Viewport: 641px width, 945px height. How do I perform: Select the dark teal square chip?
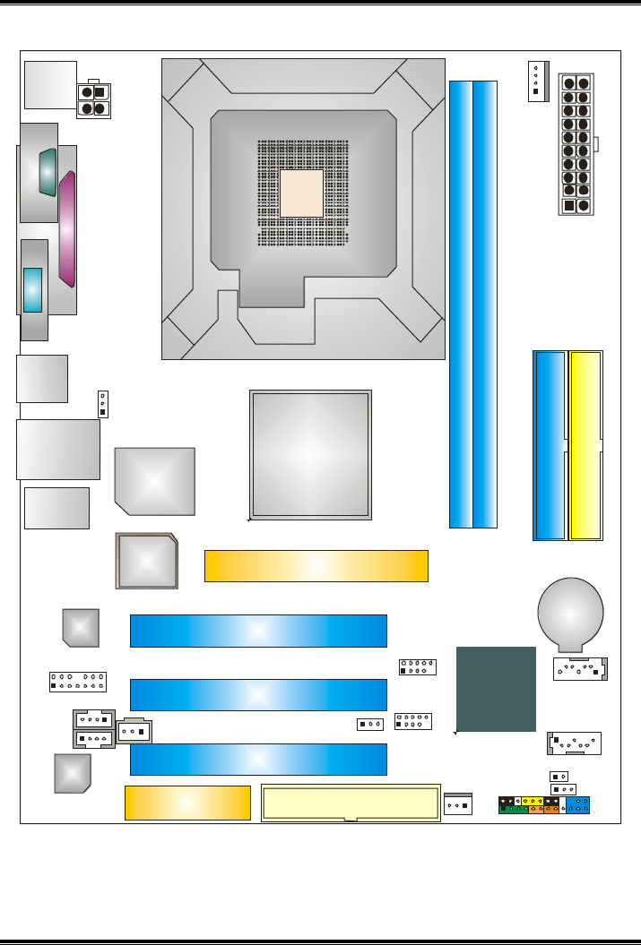(x=496, y=688)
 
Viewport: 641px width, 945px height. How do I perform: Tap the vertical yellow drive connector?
(x=586, y=445)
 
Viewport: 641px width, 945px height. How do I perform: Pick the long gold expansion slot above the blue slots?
(x=316, y=566)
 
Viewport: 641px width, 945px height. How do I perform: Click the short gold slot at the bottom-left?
(x=186, y=803)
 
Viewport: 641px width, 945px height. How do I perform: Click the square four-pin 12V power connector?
(x=93, y=100)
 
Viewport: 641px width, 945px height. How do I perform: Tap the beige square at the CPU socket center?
(x=300, y=193)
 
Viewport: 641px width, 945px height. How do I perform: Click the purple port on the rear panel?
(x=67, y=230)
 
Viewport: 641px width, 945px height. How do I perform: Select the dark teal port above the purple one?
(x=48, y=170)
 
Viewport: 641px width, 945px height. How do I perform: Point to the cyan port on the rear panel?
(x=33, y=289)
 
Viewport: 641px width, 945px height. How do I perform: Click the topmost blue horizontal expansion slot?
(x=258, y=631)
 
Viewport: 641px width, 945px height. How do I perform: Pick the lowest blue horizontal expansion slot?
(x=258, y=759)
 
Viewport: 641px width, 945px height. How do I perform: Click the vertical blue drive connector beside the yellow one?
(x=549, y=445)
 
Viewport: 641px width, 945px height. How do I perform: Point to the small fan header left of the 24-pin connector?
(x=536, y=82)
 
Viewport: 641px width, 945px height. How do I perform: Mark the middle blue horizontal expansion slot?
(x=258, y=694)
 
